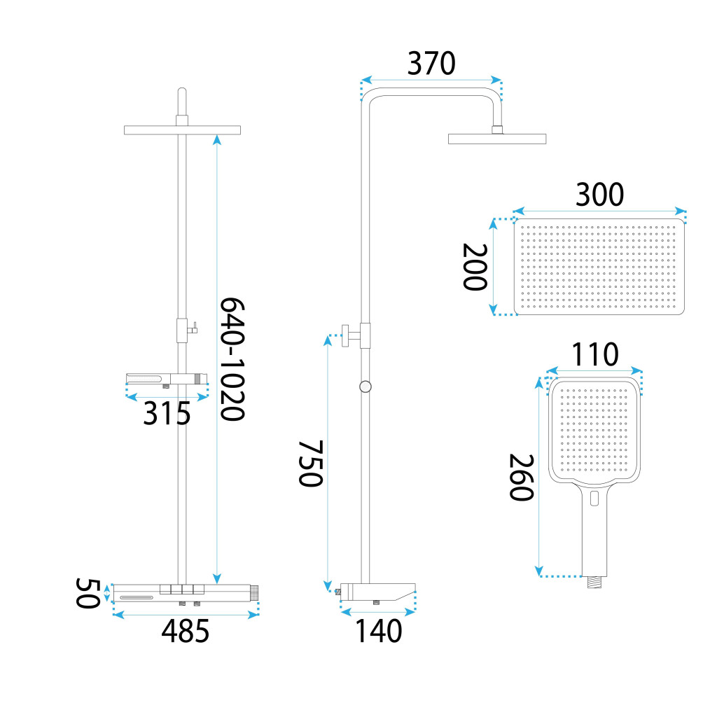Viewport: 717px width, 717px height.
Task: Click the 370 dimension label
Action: [431, 64]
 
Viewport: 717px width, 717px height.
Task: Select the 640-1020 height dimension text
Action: [232, 358]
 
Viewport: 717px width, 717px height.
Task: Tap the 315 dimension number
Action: [167, 415]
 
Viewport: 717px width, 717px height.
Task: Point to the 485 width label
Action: [186, 632]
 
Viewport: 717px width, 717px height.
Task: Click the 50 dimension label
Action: [88, 593]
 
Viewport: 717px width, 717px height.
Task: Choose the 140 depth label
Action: [378, 632]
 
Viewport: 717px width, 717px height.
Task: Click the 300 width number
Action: [599, 195]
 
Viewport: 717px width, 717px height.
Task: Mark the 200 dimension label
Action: [475, 267]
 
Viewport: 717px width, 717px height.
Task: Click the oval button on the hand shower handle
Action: [594, 499]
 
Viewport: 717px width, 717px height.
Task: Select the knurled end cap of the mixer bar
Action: [256, 592]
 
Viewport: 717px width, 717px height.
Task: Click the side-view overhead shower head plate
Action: [497, 139]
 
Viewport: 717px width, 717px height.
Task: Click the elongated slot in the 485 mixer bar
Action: [137, 597]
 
